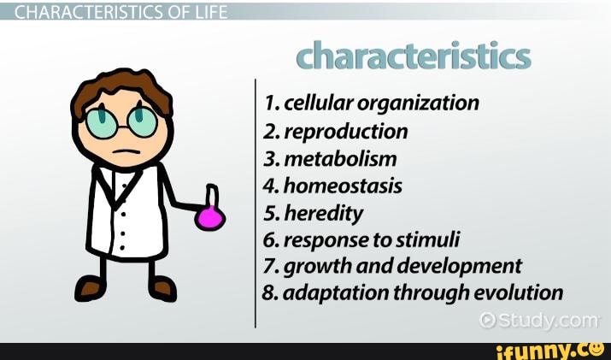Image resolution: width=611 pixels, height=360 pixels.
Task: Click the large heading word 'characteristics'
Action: (x=414, y=56)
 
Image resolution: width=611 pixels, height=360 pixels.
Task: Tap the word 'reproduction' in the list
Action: (x=345, y=131)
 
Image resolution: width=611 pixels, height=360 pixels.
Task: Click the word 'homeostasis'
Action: (x=342, y=185)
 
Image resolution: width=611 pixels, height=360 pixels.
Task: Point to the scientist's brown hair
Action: (x=120, y=86)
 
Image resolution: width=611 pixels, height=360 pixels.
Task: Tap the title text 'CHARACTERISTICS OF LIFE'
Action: (x=115, y=10)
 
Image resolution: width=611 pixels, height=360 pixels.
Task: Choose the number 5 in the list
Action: (x=270, y=212)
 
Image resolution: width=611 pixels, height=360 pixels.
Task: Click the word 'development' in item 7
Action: (x=467, y=266)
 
